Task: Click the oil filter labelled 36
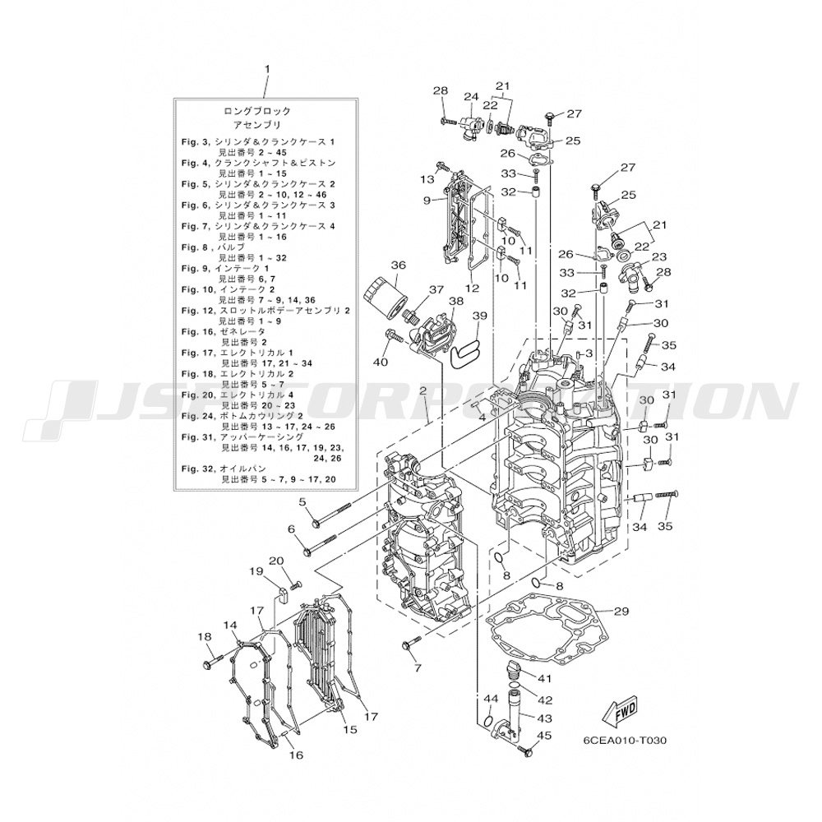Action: [385, 294]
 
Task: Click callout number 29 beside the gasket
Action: [621, 611]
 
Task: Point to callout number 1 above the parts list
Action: [267, 71]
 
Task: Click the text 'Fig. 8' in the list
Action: [194, 257]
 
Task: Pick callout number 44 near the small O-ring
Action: [490, 698]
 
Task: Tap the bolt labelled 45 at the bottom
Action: [527, 750]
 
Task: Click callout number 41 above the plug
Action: [544, 677]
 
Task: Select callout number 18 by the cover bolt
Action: [205, 636]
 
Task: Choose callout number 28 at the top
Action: [441, 90]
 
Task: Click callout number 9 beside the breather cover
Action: [428, 200]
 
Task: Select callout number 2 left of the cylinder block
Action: [422, 390]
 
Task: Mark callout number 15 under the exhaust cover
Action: [350, 729]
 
